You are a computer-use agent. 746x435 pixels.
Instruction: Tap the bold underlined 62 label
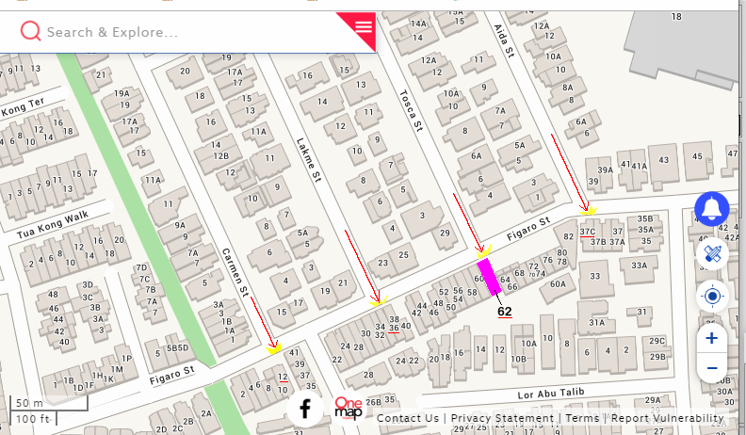click(x=505, y=312)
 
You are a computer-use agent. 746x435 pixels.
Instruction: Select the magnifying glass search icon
click(x=30, y=32)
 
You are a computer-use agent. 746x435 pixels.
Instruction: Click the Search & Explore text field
click(x=179, y=32)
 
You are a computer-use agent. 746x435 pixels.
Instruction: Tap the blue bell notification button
click(x=712, y=209)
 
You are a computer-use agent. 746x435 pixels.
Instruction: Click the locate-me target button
click(x=712, y=297)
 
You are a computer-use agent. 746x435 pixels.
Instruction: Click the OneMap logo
click(x=349, y=408)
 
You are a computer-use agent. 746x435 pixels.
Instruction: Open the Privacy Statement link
click(x=502, y=418)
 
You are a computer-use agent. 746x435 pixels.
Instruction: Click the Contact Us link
click(x=407, y=418)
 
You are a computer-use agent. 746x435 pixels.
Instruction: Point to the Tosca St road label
click(x=412, y=111)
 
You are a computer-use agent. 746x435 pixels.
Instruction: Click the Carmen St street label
click(x=234, y=272)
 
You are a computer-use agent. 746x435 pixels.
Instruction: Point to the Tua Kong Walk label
click(x=52, y=223)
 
